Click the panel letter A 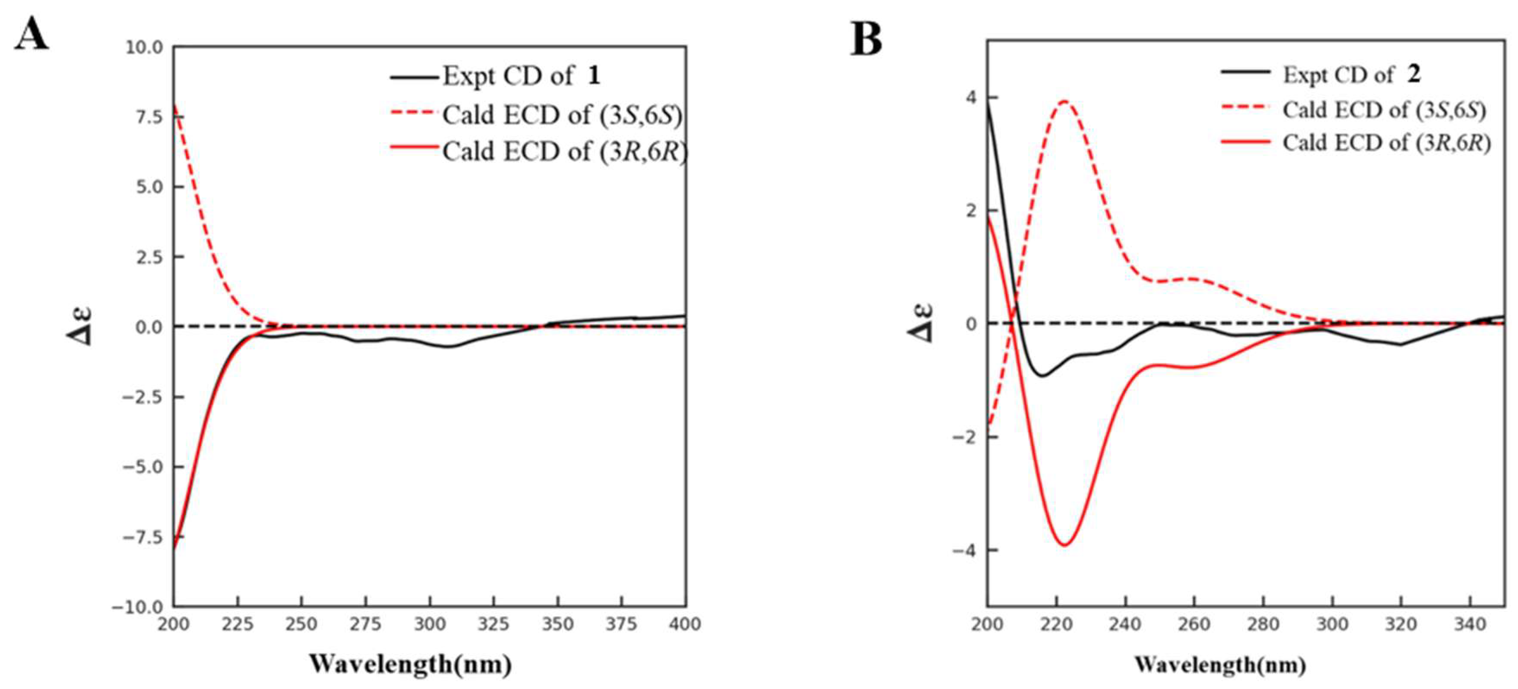tap(31, 34)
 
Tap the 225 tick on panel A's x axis tap(238, 623)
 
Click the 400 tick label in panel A tap(685, 623)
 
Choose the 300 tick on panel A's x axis tap(430, 623)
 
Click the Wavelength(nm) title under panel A tap(411, 664)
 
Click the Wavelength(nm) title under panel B tap(1220, 664)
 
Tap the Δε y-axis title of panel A tap(79, 325)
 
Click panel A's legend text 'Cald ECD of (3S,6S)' tap(563, 115)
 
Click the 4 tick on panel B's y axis tap(971, 97)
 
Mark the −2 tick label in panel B tap(965, 437)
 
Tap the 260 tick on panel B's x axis tap(1194, 623)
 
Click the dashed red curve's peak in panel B tap(1064, 101)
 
